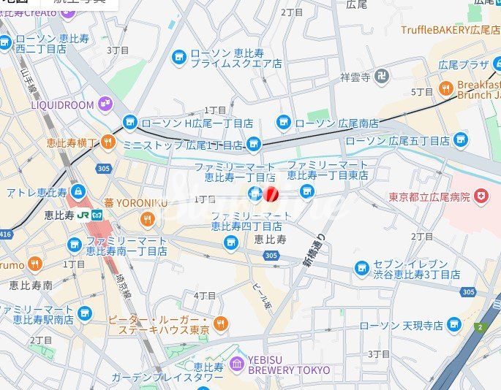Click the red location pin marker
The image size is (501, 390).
click(x=271, y=194)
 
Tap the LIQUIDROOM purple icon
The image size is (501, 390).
click(x=106, y=104)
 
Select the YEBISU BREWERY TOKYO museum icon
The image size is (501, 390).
click(x=236, y=363)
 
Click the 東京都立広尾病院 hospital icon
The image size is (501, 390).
click(x=481, y=196)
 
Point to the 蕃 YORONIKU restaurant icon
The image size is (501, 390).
click(x=148, y=218)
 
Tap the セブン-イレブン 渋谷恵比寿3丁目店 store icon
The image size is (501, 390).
click(x=361, y=268)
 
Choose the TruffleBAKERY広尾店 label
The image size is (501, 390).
click(x=449, y=30)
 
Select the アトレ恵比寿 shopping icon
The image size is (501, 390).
click(x=78, y=192)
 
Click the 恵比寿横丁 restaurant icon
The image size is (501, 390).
click(x=108, y=142)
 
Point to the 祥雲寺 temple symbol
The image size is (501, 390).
click(x=383, y=75)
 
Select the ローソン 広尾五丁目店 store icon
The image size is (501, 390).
click(x=460, y=139)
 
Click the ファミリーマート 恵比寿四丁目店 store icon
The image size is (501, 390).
click(x=231, y=242)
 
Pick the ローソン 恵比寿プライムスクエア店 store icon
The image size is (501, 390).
click(x=178, y=57)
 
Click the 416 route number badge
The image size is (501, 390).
click(x=6, y=234)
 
